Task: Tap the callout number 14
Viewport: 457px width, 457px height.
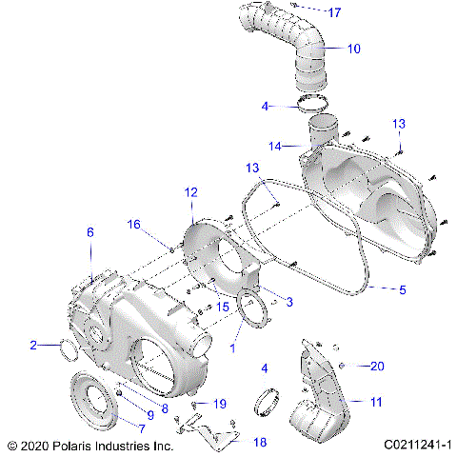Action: [275, 147]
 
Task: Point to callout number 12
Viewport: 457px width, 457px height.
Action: [191, 192]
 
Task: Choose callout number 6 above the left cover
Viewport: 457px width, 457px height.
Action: [90, 232]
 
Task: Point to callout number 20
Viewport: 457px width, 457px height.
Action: [376, 366]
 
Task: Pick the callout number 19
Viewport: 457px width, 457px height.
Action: [219, 404]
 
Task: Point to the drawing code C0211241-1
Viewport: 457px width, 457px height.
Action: [418, 445]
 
